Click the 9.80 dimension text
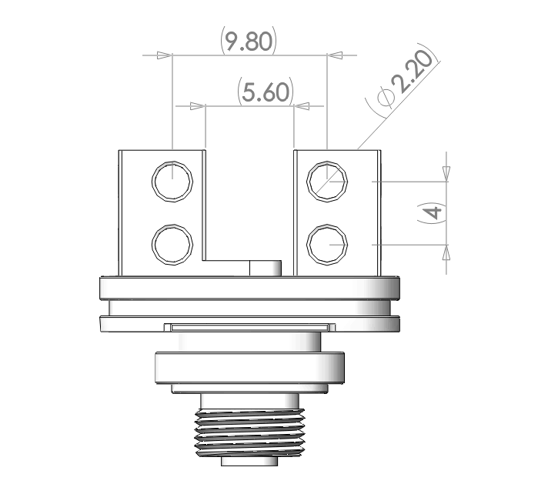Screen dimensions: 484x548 coord(248,41)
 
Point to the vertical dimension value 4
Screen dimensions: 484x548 coord(436,214)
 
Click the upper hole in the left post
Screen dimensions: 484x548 coord(172,183)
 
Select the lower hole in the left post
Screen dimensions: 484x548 coord(172,244)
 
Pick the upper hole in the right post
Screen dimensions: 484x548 coord(326,182)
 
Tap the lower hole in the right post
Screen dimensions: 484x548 coord(326,245)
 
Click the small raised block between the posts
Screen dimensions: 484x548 coord(265,267)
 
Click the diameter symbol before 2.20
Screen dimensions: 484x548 coord(386,98)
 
